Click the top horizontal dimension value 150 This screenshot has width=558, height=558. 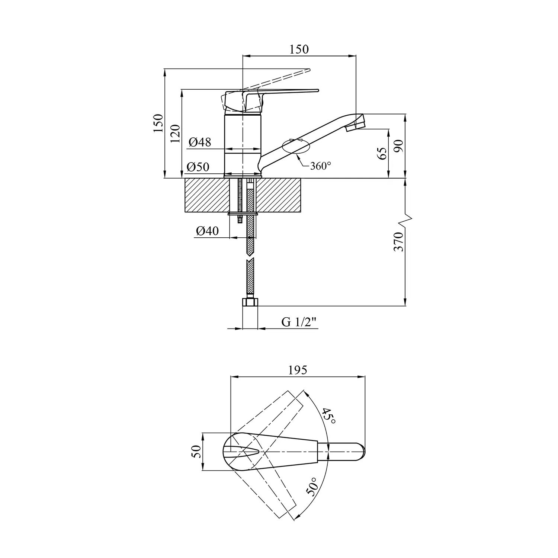tap(299, 49)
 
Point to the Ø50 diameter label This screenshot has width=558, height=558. tap(198, 167)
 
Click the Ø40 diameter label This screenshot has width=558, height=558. tap(208, 231)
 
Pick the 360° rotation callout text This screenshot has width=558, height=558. tap(320, 166)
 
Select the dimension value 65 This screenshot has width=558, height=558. tap(382, 153)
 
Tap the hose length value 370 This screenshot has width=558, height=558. tap(398, 241)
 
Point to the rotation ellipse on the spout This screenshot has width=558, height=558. tap(296, 146)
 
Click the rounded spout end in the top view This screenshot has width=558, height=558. tap(360, 452)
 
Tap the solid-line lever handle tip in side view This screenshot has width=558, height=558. tap(318, 90)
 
